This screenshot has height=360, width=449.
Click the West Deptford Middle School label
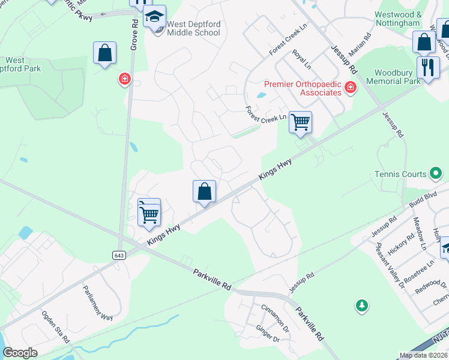point(193,28)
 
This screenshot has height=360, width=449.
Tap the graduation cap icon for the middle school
point(155,17)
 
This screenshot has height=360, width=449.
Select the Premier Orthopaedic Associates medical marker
point(351,89)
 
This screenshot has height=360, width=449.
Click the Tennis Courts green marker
point(436,174)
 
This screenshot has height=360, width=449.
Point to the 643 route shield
point(118,255)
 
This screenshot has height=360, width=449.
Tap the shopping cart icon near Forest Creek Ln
point(300,122)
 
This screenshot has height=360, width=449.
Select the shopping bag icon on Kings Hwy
point(204,192)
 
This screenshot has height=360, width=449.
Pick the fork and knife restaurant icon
point(427,67)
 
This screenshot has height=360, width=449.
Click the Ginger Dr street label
point(268,334)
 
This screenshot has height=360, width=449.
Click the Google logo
point(20,353)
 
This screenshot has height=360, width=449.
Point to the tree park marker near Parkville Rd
point(361,306)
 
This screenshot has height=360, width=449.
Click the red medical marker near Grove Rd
point(125,79)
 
